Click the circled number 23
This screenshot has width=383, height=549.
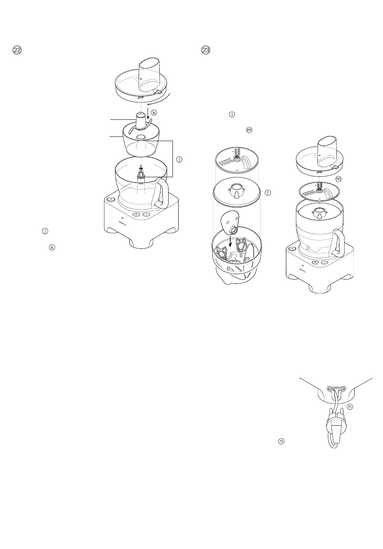[x=206, y=50]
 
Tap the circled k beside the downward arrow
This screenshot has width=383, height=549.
[x=154, y=112]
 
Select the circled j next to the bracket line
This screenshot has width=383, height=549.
[x=179, y=159]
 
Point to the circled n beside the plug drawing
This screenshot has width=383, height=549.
[x=350, y=407]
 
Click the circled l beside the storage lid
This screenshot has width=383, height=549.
[x=267, y=192]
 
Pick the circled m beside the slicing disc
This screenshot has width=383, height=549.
[x=338, y=179]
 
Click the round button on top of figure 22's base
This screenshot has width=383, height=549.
[x=110, y=199]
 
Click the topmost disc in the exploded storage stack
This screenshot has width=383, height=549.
[x=236, y=160]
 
